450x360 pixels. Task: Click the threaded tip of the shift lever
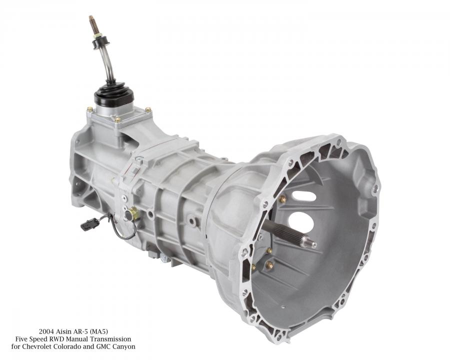(x=92, y=22)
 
